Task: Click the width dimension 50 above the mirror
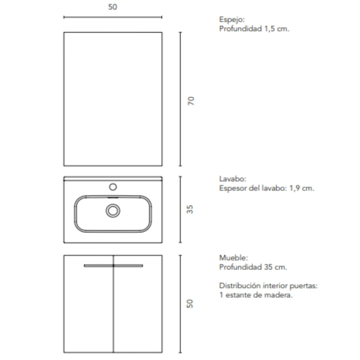(112, 7)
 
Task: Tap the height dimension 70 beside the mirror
(191, 101)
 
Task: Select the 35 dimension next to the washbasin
(190, 210)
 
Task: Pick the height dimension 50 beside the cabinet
(190, 304)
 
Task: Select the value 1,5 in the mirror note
(270, 29)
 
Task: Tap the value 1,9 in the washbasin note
(295, 188)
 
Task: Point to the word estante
(238, 295)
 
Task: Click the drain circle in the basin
(113, 211)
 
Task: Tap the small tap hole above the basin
(113, 186)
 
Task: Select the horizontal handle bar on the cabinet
(113, 265)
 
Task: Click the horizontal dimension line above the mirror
(112, 17)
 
